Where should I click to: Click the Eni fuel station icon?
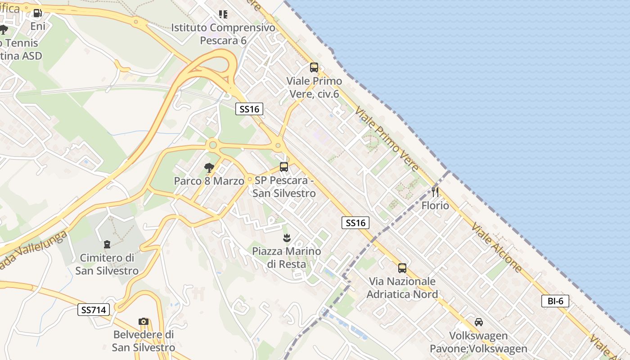point(38,13)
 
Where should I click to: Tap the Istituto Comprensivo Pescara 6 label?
point(223,34)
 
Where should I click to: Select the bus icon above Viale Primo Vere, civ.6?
point(314,67)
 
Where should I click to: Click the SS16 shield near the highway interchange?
point(249,109)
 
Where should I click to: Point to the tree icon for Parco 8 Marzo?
point(209,168)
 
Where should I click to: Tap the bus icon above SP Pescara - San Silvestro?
point(284,167)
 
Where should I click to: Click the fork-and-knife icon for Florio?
point(435,192)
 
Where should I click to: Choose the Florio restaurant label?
point(435,206)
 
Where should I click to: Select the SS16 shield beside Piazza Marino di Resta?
point(355,222)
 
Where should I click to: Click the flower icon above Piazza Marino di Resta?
point(286,237)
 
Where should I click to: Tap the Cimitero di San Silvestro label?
point(107,264)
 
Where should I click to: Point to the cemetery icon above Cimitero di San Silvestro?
point(107,244)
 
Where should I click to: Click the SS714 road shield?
point(94,310)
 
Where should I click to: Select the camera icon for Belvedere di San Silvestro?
point(144,321)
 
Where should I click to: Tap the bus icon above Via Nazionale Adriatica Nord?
point(402,268)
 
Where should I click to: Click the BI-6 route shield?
point(555,301)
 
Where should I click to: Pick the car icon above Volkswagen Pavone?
point(479,322)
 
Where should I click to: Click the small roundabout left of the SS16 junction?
point(213,145)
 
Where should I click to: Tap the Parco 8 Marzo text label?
point(209,181)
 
